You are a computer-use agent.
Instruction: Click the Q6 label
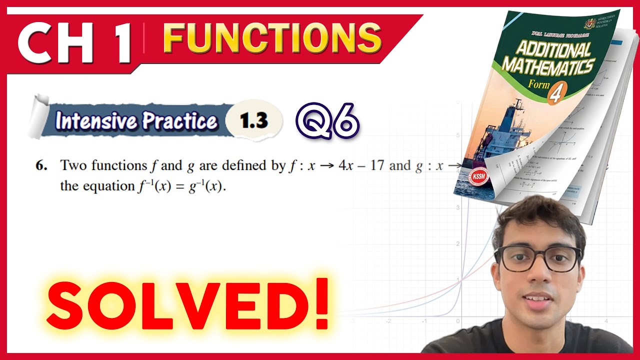pos(327,121)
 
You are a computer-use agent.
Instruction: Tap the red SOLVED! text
pos(187,303)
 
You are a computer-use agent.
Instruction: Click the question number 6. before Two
pos(41,166)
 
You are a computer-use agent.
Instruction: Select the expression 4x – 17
pos(360,165)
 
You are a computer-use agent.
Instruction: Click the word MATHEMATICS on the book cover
pos(547,66)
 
